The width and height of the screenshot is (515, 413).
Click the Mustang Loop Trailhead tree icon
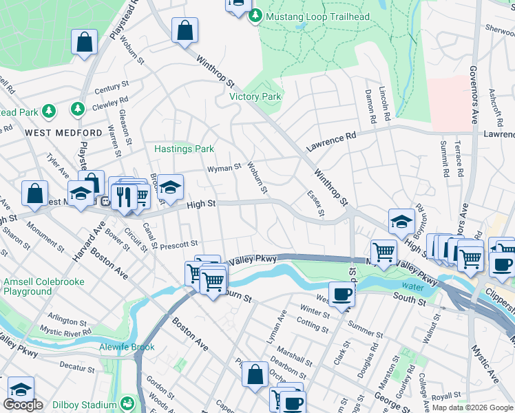pyautogui.click(x=255, y=16)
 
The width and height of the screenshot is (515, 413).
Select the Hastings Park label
pyautogui.click(x=184, y=149)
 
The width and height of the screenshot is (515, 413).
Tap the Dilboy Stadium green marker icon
pyautogui.click(x=127, y=403)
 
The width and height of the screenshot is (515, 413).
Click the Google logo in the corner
pyautogui.click(x=23, y=404)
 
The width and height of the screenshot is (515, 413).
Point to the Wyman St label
pyautogui.click(x=225, y=167)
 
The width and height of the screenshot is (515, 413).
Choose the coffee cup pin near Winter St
pyautogui.click(x=341, y=295)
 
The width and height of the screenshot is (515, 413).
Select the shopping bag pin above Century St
pyautogui.click(x=84, y=42)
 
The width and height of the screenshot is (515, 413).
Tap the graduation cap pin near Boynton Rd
pyautogui.click(x=401, y=221)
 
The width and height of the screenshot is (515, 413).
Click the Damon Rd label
pyautogui.click(x=370, y=105)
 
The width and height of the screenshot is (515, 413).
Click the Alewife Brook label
pyautogui.click(x=127, y=347)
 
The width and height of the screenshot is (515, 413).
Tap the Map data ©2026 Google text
pyautogui.click(x=472, y=407)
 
